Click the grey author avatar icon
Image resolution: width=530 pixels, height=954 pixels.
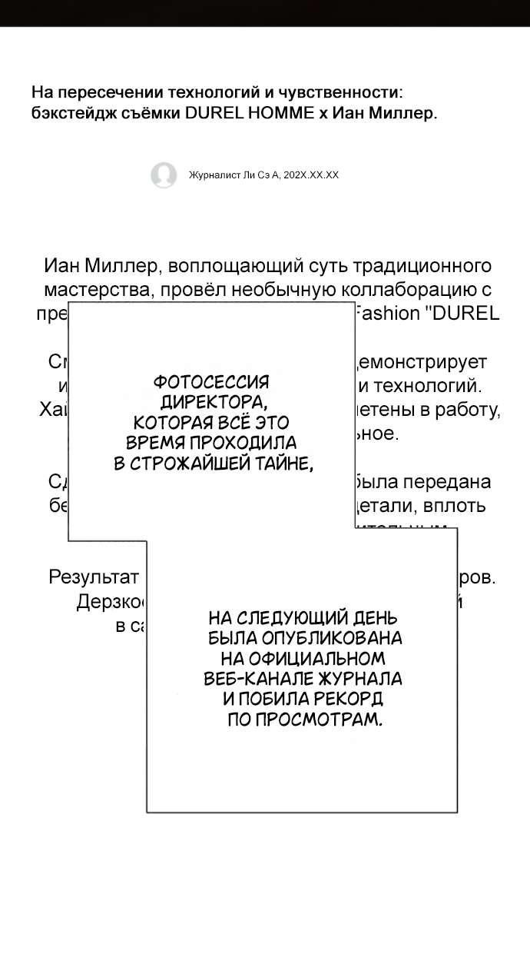click(164, 175)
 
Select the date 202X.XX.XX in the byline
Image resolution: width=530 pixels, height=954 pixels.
click(311, 175)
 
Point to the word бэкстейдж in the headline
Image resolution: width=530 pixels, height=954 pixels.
click(68, 113)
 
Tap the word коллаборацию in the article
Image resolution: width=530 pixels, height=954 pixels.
click(406, 290)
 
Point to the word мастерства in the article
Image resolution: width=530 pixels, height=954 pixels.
click(88, 290)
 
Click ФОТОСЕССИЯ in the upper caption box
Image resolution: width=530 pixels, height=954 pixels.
click(212, 382)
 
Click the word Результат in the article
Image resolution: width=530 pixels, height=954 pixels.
click(93, 577)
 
